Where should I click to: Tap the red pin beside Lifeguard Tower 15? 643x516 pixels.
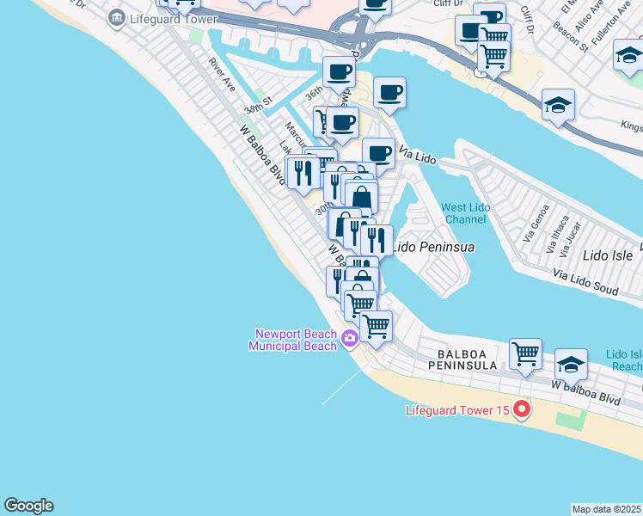tap(520, 410)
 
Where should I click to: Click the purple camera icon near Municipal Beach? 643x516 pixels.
tap(349, 338)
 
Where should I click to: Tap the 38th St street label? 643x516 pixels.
tap(257, 105)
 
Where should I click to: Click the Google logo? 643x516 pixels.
tap(28, 506)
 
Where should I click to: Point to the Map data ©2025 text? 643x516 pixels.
tap(607, 509)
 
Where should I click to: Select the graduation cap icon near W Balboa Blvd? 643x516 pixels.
tap(571, 364)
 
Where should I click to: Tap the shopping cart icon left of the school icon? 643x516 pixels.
tap(525, 353)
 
